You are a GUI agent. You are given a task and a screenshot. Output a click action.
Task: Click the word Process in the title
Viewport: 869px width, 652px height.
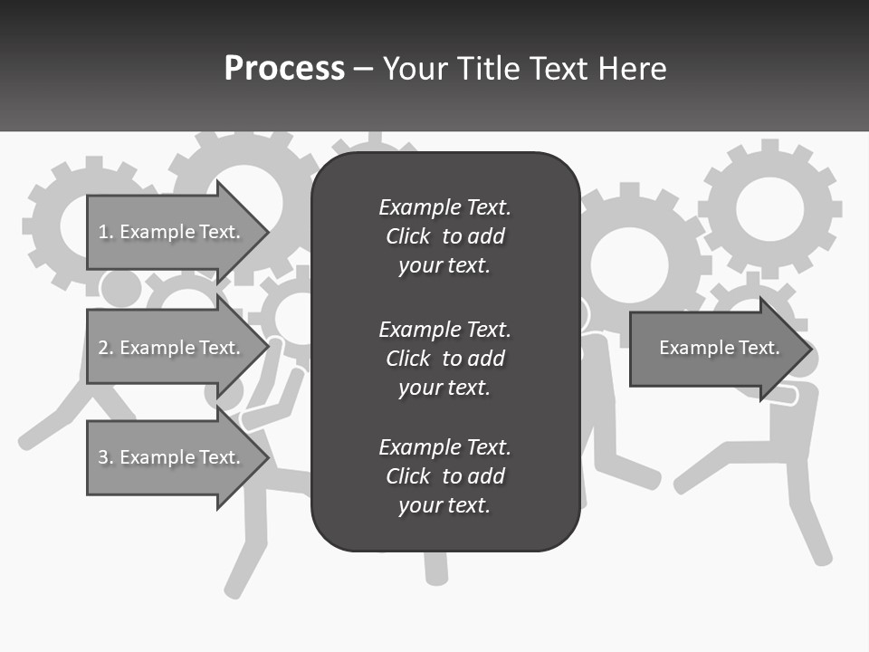click(x=284, y=69)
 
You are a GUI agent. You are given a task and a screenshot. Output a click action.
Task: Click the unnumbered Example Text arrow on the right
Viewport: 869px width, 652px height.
click(x=719, y=349)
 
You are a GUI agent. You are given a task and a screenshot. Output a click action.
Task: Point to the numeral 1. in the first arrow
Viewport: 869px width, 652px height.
click(x=106, y=232)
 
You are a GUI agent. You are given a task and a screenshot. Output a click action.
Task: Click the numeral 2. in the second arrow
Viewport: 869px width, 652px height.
click(x=106, y=348)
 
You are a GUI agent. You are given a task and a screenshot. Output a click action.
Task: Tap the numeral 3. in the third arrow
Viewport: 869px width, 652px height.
click(x=106, y=457)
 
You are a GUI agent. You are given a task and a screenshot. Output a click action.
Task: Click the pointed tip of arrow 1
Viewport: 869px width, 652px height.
click(x=264, y=232)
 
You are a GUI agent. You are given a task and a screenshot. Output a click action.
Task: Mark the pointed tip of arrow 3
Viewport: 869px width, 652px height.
click(x=264, y=457)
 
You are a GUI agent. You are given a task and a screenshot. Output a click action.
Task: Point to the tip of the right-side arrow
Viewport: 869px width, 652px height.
click(x=807, y=349)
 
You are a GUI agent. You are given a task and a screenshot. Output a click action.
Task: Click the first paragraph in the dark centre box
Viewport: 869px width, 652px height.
click(x=444, y=236)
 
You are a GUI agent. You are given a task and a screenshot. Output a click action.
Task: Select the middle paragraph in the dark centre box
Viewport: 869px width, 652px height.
click(x=444, y=359)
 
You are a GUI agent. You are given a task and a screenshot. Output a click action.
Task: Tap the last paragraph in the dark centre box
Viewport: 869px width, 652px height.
click(x=444, y=476)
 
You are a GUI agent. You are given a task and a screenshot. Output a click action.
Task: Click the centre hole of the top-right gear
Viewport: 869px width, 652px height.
click(x=769, y=209)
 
